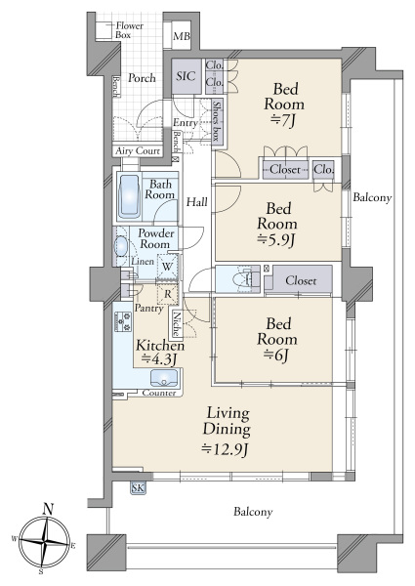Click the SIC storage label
point(186,76)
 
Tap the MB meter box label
point(182,37)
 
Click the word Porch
point(142,78)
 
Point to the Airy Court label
point(138,151)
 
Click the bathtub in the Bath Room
point(129,196)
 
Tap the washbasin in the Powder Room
point(121,246)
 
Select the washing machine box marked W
point(167,267)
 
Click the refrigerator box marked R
point(167,294)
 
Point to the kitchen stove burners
point(123,321)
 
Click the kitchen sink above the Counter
point(164,378)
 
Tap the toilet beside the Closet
point(241,279)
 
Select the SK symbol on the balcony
point(138,488)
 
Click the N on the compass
point(48,508)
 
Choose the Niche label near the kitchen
point(177,324)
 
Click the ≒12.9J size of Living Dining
point(225,448)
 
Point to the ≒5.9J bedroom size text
point(276,240)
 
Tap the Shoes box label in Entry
point(217,121)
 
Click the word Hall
point(197,202)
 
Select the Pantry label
point(149,309)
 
